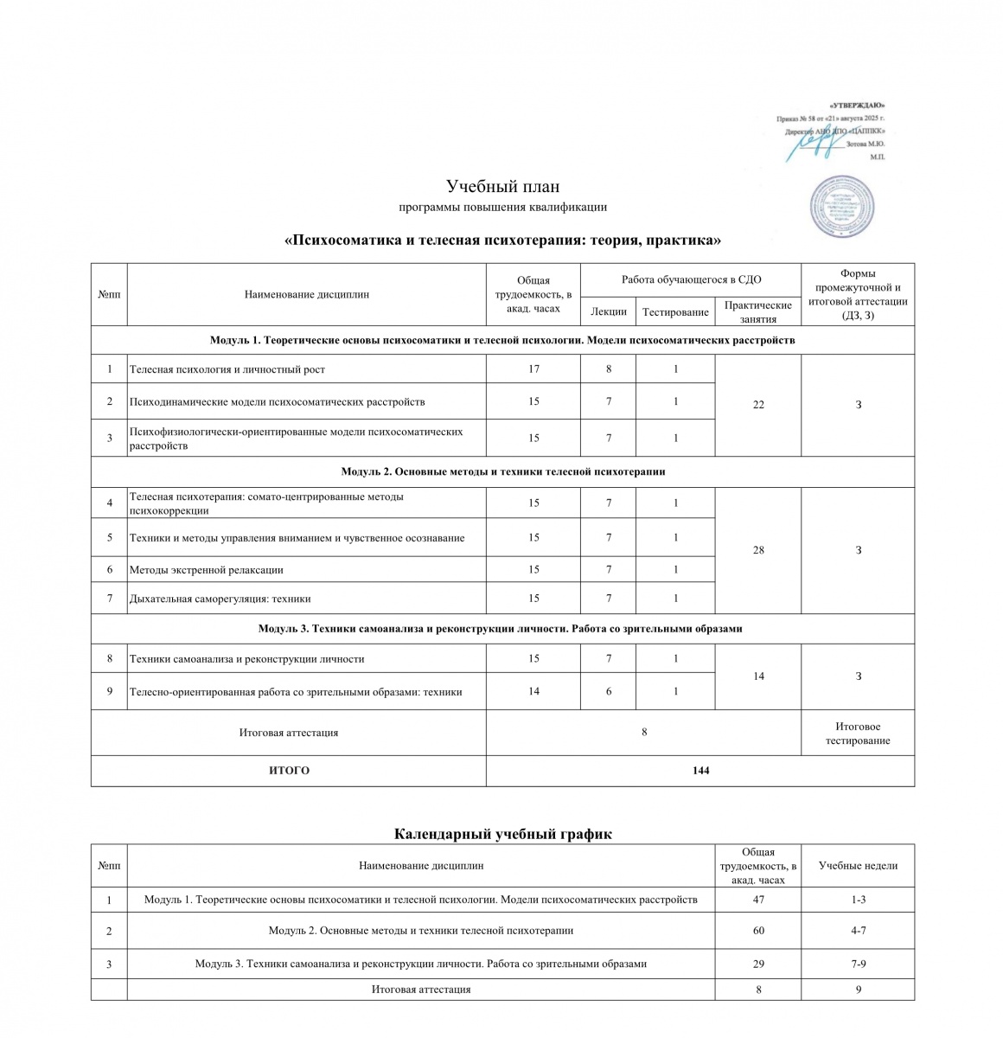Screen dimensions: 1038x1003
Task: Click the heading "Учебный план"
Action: coord(502,186)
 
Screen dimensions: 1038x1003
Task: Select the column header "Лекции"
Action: coord(608,311)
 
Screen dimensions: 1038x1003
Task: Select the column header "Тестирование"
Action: coord(675,311)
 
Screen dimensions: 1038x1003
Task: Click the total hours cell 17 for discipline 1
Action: coord(533,369)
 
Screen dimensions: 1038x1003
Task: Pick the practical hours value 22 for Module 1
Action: coord(758,405)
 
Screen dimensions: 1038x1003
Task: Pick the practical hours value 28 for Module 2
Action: coord(758,550)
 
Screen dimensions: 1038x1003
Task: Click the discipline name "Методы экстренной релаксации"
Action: coord(207,569)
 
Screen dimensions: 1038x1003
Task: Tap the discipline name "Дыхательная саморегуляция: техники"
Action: coord(220,599)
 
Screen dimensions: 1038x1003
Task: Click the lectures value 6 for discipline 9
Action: coord(609,691)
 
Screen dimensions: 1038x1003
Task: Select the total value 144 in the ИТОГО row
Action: coord(700,770)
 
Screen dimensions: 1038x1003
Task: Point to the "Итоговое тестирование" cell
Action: coord(858,734)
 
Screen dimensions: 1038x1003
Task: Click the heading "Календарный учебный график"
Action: coord(502,834)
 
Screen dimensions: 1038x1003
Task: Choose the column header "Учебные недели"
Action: coord(858,865)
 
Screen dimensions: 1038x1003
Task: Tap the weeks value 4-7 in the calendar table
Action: coord(858,931)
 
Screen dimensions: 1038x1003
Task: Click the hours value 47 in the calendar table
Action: coord(758,900)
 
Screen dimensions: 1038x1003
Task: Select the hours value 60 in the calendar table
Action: coord(758,931)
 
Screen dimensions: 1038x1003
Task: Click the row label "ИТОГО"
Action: coord(289,770)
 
